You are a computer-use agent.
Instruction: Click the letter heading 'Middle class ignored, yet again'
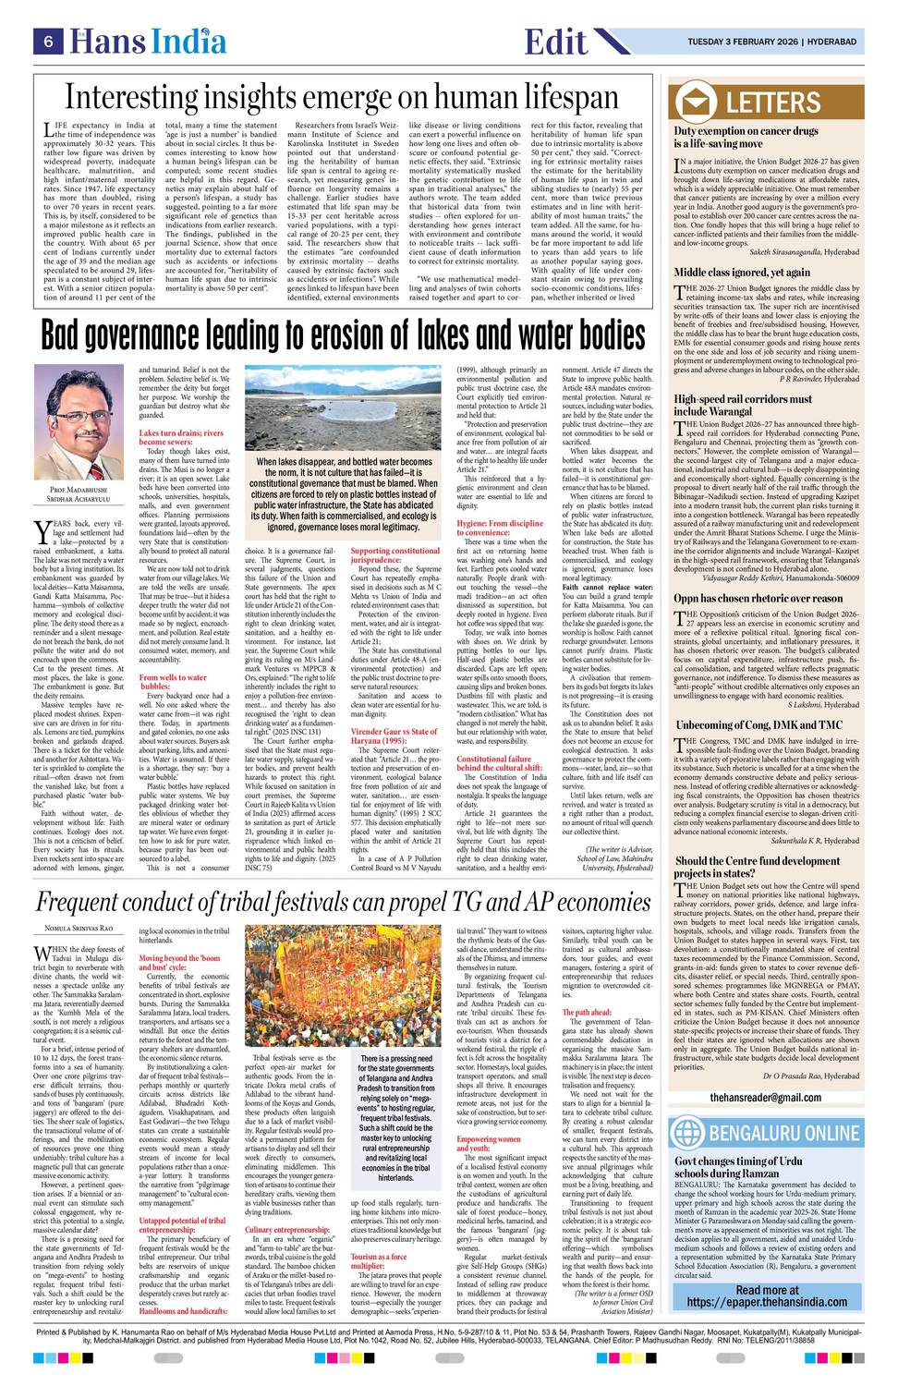click(x=741, y=272)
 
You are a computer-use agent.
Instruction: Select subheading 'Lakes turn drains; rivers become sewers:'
click(x=181, y=437)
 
